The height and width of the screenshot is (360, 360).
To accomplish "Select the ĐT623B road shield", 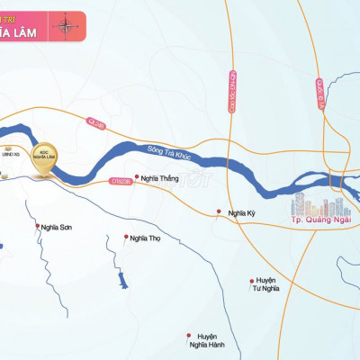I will tap(121, 182).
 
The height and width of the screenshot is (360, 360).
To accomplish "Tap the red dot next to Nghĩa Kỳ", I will tap(219, 213).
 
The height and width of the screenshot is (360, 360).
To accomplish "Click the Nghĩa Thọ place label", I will tap(144, 238).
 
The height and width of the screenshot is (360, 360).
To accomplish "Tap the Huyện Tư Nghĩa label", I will tap(266, 283).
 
